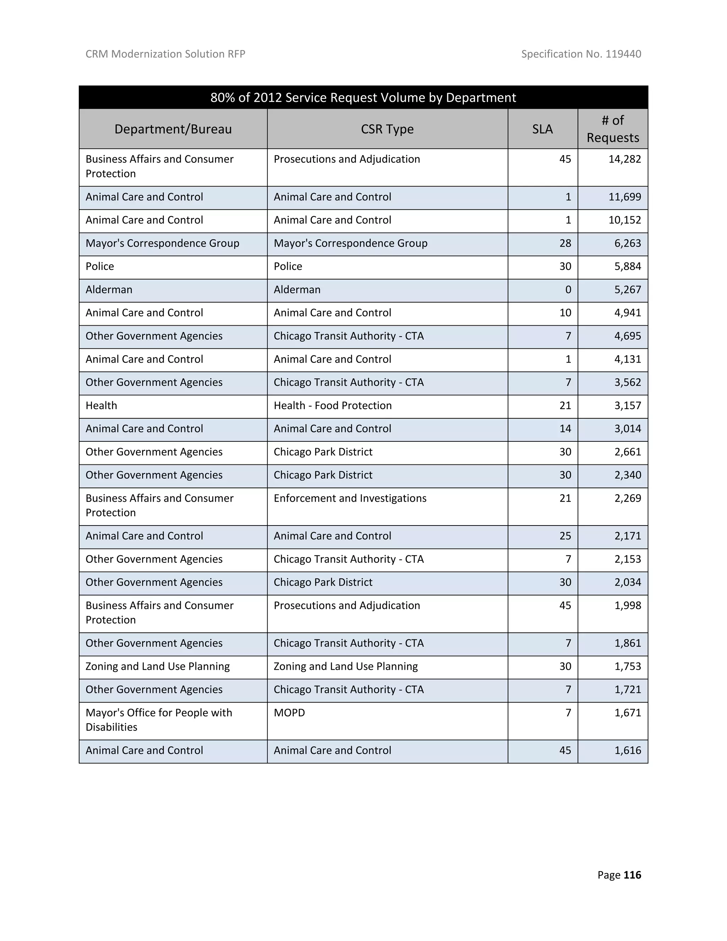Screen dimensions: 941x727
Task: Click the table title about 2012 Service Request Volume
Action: coord(363,97)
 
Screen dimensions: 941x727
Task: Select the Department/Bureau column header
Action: coord(173,129)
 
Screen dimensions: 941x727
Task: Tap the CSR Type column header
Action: coord(387,129)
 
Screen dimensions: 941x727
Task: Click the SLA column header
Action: coord(542,129)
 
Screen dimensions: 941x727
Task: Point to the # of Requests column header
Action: coord(612,129)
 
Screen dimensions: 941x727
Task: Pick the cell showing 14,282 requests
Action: coord(624,159)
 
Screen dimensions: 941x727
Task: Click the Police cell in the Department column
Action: coord(100,266)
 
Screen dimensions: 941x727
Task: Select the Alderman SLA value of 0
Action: coord(568,289)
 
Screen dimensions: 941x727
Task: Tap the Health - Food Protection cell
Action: coord(333,406)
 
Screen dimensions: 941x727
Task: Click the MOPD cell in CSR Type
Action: coord(289,713)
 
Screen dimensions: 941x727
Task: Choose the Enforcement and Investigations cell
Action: coord(350,498)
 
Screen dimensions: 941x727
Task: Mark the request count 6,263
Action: coord(628,243)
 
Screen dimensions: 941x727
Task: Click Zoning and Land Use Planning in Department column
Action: coord(158,666)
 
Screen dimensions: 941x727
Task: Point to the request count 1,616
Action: coord(628,750)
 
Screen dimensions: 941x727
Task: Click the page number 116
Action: coord(632,875)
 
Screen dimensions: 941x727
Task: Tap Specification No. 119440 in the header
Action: coord(581,54)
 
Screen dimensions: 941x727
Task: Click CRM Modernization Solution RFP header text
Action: coord(165,54)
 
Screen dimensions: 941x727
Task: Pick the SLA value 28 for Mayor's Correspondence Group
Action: coord(565,243)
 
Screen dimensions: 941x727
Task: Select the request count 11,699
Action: coord(624,197)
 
